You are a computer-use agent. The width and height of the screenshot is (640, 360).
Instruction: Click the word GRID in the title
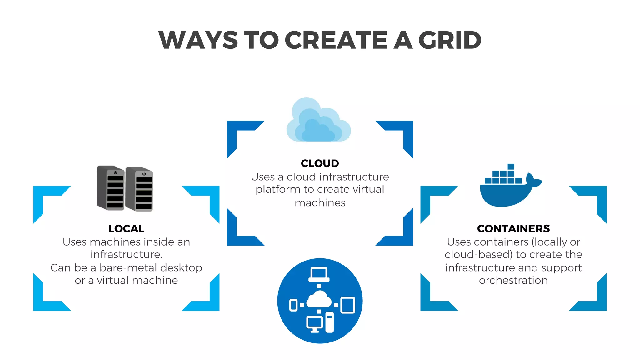pyautogui.click(x=450, y=40)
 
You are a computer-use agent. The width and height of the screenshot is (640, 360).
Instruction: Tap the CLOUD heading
pyautogui.click(x=320, y=163)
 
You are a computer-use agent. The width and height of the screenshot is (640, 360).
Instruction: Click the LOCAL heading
pyautogui.click(x=126, y=229)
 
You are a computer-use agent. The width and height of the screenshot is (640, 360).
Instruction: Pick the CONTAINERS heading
pyautogui.click(x=513, y=229)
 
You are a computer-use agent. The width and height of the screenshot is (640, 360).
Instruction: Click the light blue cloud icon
pyautogui.click(x=318, y=122)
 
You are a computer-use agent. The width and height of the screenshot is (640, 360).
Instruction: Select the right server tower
pyautogui.click(x=139, y=189)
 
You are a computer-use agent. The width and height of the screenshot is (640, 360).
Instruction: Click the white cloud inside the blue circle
pyautogui.click(x=319, y=300)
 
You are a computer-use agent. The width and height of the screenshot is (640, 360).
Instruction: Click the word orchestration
pyautogui.click(x=513, y=281)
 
